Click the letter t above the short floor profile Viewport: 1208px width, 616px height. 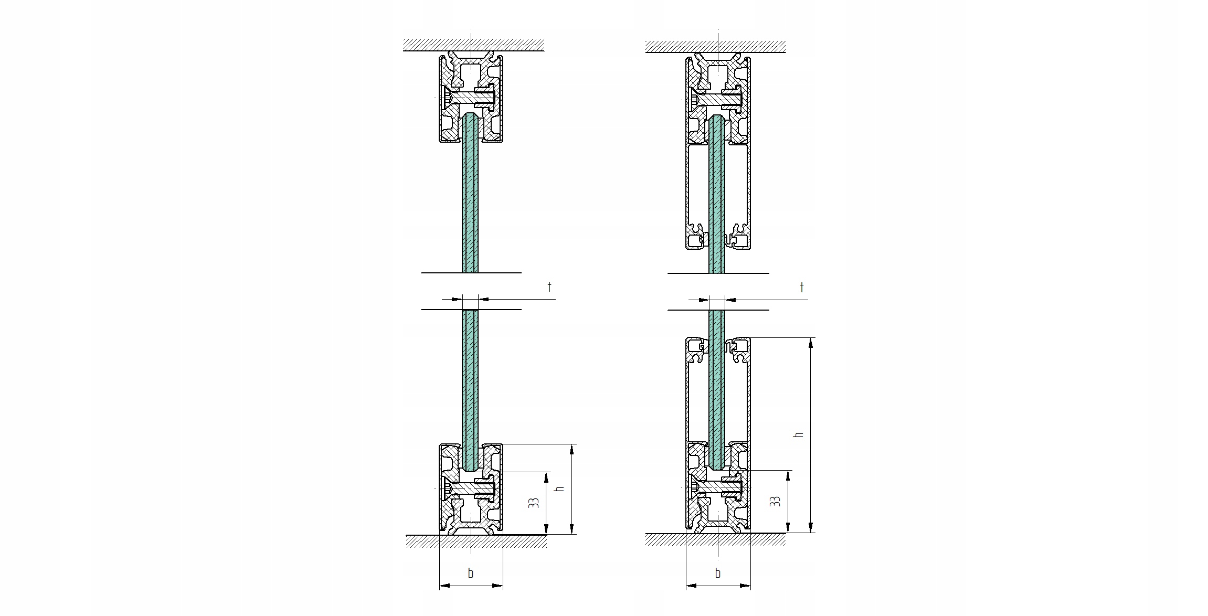point(549,286)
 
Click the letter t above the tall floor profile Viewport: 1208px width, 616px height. point(801,287)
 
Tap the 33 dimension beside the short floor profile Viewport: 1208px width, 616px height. point(534,503)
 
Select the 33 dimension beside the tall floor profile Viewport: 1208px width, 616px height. point(775,501)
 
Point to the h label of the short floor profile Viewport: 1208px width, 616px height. point(560,488)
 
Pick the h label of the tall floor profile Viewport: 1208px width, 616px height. point(799,434)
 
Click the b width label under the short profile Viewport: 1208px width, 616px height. point(471,573)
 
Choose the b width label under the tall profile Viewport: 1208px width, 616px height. point(718,573)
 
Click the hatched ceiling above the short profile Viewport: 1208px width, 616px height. point(473,45)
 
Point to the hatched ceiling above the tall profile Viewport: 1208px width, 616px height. point(715,46)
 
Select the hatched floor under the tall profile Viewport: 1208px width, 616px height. point(715,539)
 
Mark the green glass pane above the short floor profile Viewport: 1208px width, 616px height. point(470,378)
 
